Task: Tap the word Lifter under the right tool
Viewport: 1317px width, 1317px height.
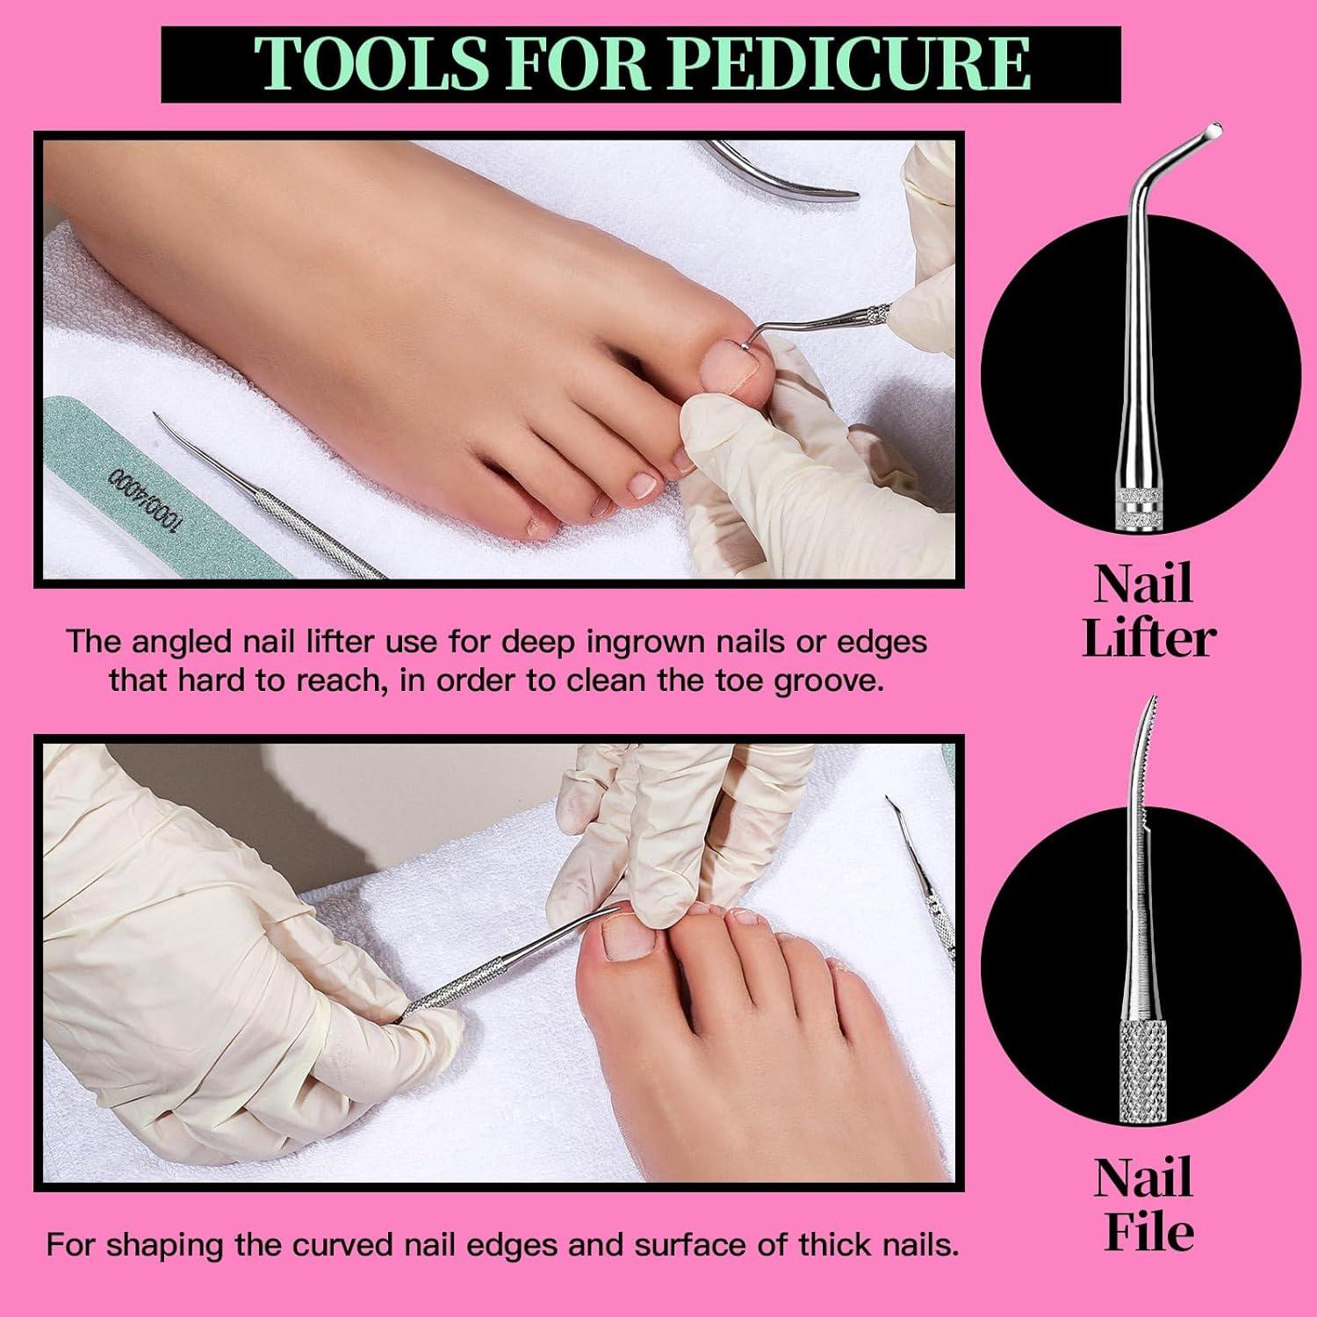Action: click(x=1148, y=638)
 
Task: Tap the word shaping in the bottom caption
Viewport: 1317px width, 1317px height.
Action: click(x=168, y=1246)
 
